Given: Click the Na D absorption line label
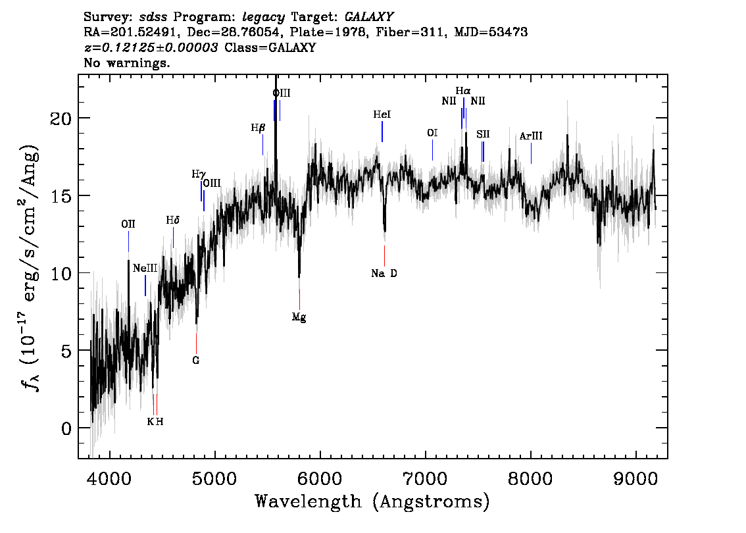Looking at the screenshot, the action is (384, 273).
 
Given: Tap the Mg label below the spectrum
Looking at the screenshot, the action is (299, 317).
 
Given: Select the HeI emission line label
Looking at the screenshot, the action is (382, 114).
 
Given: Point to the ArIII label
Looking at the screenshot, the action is (530, 136).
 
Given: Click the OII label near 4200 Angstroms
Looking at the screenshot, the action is (128, 224).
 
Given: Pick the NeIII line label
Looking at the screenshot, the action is (145, 268).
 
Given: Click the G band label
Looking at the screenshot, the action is (195, 360).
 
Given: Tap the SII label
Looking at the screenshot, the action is (483, 134).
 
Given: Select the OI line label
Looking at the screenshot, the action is (432, 133).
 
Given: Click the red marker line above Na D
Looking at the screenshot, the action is (384, 255).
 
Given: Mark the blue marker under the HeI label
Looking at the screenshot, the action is (382, 132).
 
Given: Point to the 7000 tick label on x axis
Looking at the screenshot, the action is (426, 478).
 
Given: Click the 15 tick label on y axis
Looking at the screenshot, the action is (61, 195).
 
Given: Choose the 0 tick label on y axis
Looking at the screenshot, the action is (66, 428).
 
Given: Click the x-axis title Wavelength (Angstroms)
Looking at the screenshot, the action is (372, 501).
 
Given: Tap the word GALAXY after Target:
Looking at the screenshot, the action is (368, 17).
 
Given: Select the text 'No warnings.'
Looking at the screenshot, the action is (127, 63).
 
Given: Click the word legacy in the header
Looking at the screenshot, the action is (264, 18).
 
